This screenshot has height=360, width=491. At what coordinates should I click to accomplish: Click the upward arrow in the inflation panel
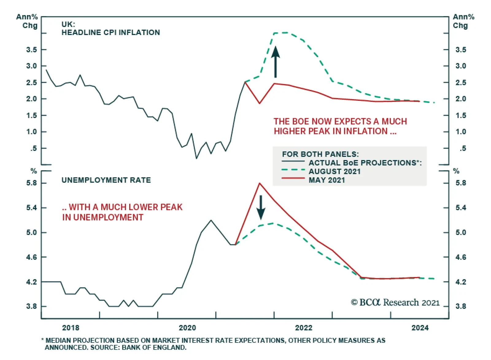[x=275, y=62]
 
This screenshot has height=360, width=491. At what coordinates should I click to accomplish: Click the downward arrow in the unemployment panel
[x=261, y=207]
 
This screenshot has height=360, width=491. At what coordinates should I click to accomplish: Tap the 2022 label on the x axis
[x=303, y=328]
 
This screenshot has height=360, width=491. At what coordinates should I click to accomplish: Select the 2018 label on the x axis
[x=71, y=328]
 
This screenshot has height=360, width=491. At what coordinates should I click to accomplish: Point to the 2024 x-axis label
[x=420, y=328]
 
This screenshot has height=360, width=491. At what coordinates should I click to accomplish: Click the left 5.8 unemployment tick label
[x=31, y=183]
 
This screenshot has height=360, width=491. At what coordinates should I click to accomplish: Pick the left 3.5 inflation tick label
[x=31, y=50]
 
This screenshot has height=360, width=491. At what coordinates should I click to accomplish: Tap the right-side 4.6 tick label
[x=461, y=257]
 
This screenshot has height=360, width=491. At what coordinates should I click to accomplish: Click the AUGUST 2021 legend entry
[x=334, y=171]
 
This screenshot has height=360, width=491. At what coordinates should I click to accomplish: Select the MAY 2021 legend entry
[x=327, y=180]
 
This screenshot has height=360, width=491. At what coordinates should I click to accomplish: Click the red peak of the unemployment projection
[x=260, y=183]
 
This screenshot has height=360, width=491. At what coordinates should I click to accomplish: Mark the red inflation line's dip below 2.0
[x=260, y=103]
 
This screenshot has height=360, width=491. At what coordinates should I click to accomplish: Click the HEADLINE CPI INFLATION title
[x=110, y=33]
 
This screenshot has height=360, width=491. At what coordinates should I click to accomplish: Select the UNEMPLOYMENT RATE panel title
[x=106, y=180]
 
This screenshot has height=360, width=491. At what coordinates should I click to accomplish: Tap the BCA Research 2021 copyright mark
[x=395, y=303]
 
